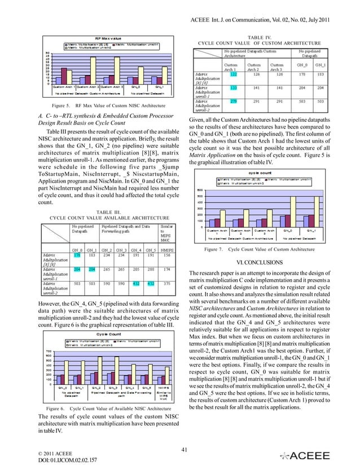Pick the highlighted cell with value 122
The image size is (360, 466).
(234, 74)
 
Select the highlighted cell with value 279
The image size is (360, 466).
(234, 102)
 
